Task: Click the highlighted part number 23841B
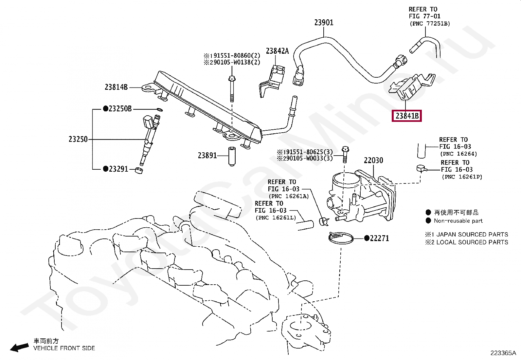(x=406, y=116)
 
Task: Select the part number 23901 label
(x=324, y=23)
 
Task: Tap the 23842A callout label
(x=277, y=51)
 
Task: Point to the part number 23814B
(x=116, y=87)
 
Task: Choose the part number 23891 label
(x=207, y=155)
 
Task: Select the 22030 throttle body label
(x=373, y=160)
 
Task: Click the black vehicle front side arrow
(x=19, y=348)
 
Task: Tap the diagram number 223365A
(x=503, y=353)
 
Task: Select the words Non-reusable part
(x=458, y=221)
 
